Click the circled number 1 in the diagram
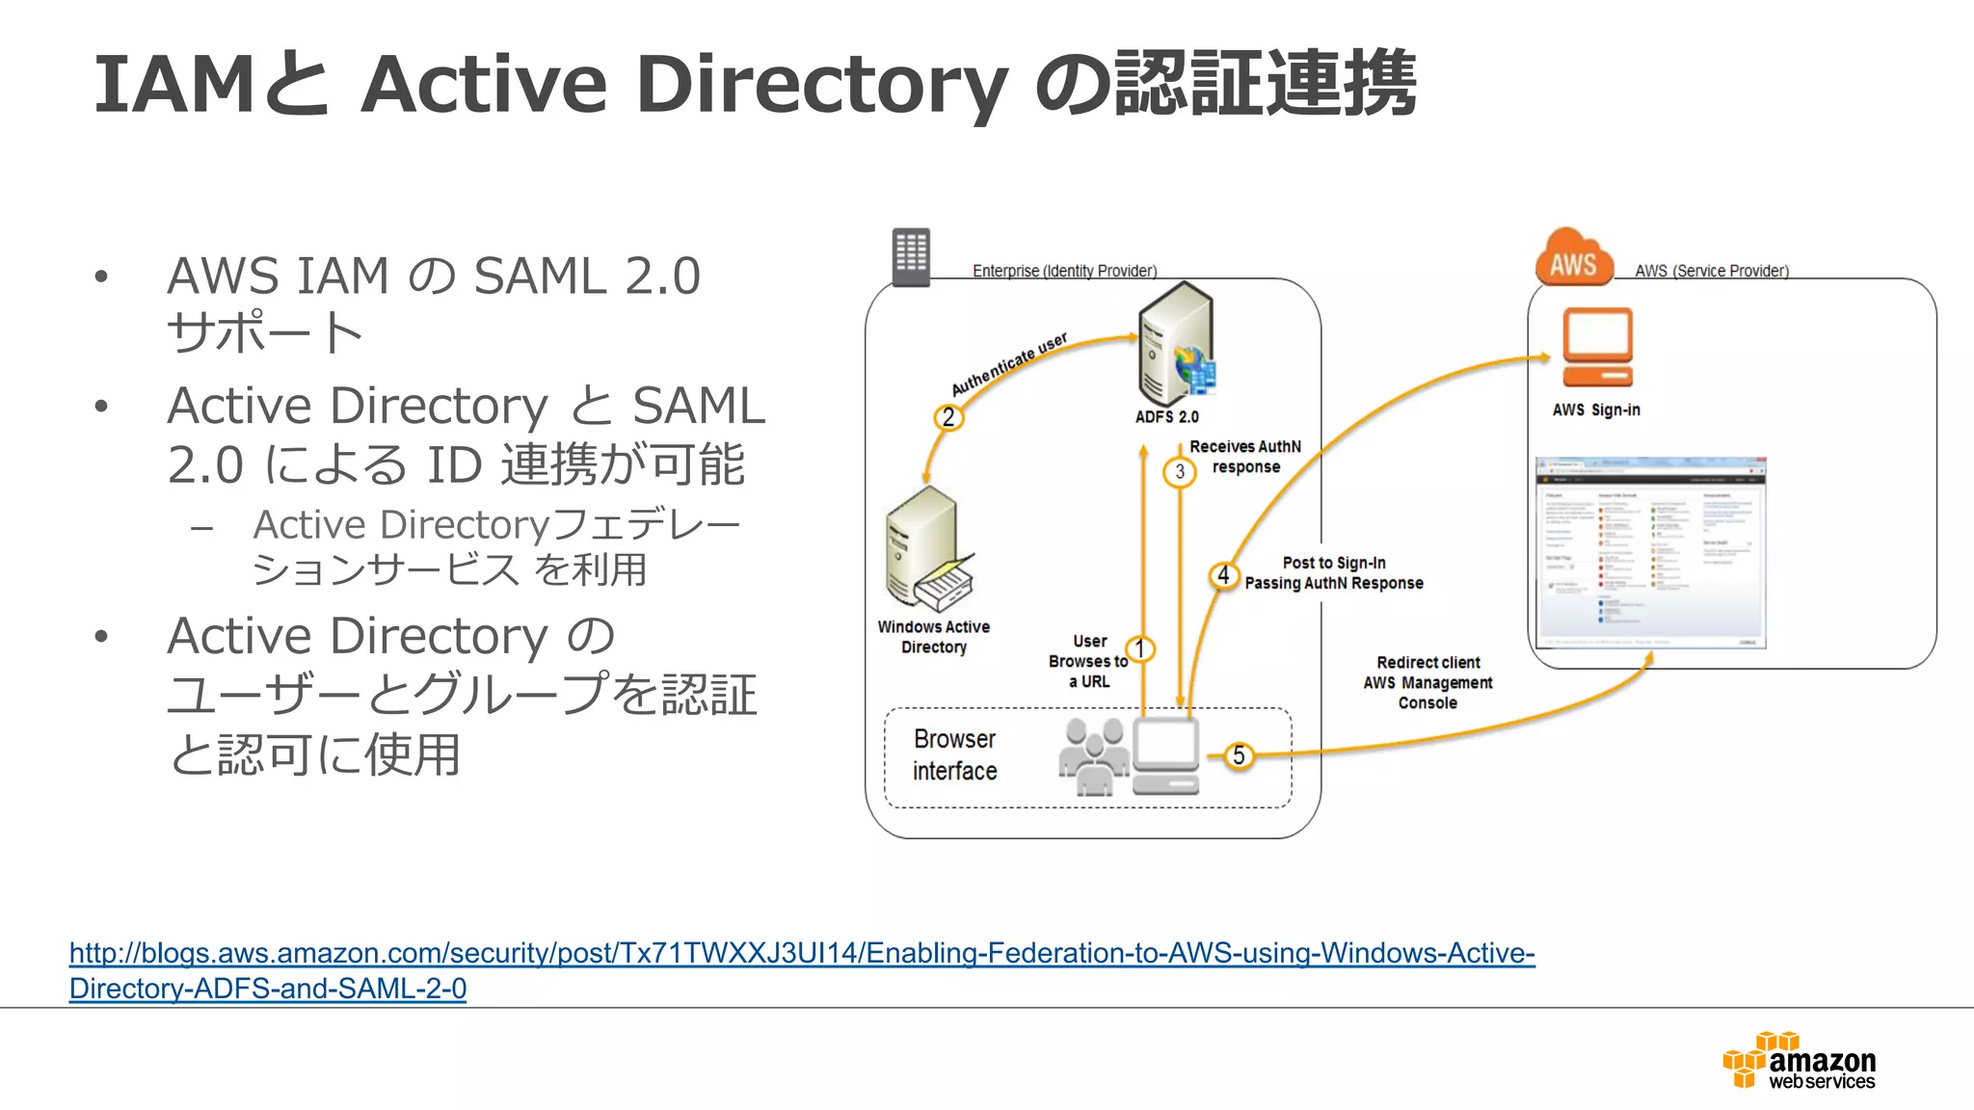[x=1140, y=648]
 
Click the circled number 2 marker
[x=948, y=417]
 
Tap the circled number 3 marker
[x=1179, y=472]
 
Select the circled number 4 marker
[x=1223, y=575]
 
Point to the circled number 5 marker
[x=1239, y=755]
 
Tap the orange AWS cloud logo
[x=1574, y=257]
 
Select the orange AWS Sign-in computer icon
[x=1597, y=347]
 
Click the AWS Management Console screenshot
[x=1650, y=552]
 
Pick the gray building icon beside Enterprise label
[x=910, y=256]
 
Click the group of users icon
[x=1094, y=756]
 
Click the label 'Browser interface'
[x=954, y=754]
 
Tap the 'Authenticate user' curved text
[x=1009, y=364]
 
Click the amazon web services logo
[x=1799, y=1061]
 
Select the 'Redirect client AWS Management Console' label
[x=1427, y=682]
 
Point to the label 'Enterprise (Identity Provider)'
[x=1064, y=271]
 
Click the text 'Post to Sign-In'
[x=1334, y=563]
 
